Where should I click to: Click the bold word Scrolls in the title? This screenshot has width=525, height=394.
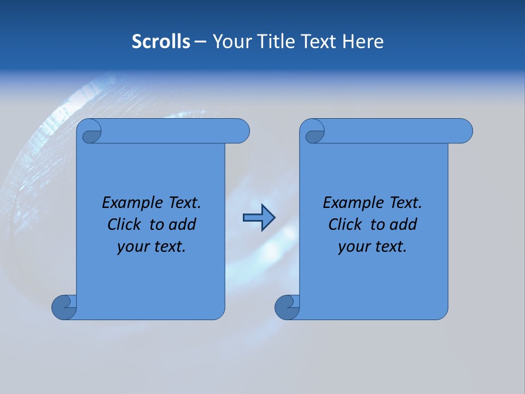click(161, 42)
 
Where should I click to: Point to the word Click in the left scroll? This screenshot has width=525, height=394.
click(127, 224)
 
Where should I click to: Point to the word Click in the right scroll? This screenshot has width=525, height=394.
click(348, 224)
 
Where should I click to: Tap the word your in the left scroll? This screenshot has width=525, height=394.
click(133, 247)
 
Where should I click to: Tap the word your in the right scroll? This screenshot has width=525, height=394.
click(354, 247)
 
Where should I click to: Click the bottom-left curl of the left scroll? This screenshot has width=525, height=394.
click(65, 307)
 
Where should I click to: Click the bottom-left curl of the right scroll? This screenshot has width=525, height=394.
click(288, 307)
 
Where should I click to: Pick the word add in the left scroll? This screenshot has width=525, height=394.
click(182, 224)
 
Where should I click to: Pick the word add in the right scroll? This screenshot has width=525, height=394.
click(403, 224)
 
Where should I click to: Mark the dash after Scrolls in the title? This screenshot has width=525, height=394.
click(200, 42)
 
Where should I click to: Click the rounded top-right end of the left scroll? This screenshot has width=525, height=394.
click(241, 131)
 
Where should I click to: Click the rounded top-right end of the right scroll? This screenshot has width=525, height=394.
click(464, 131)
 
